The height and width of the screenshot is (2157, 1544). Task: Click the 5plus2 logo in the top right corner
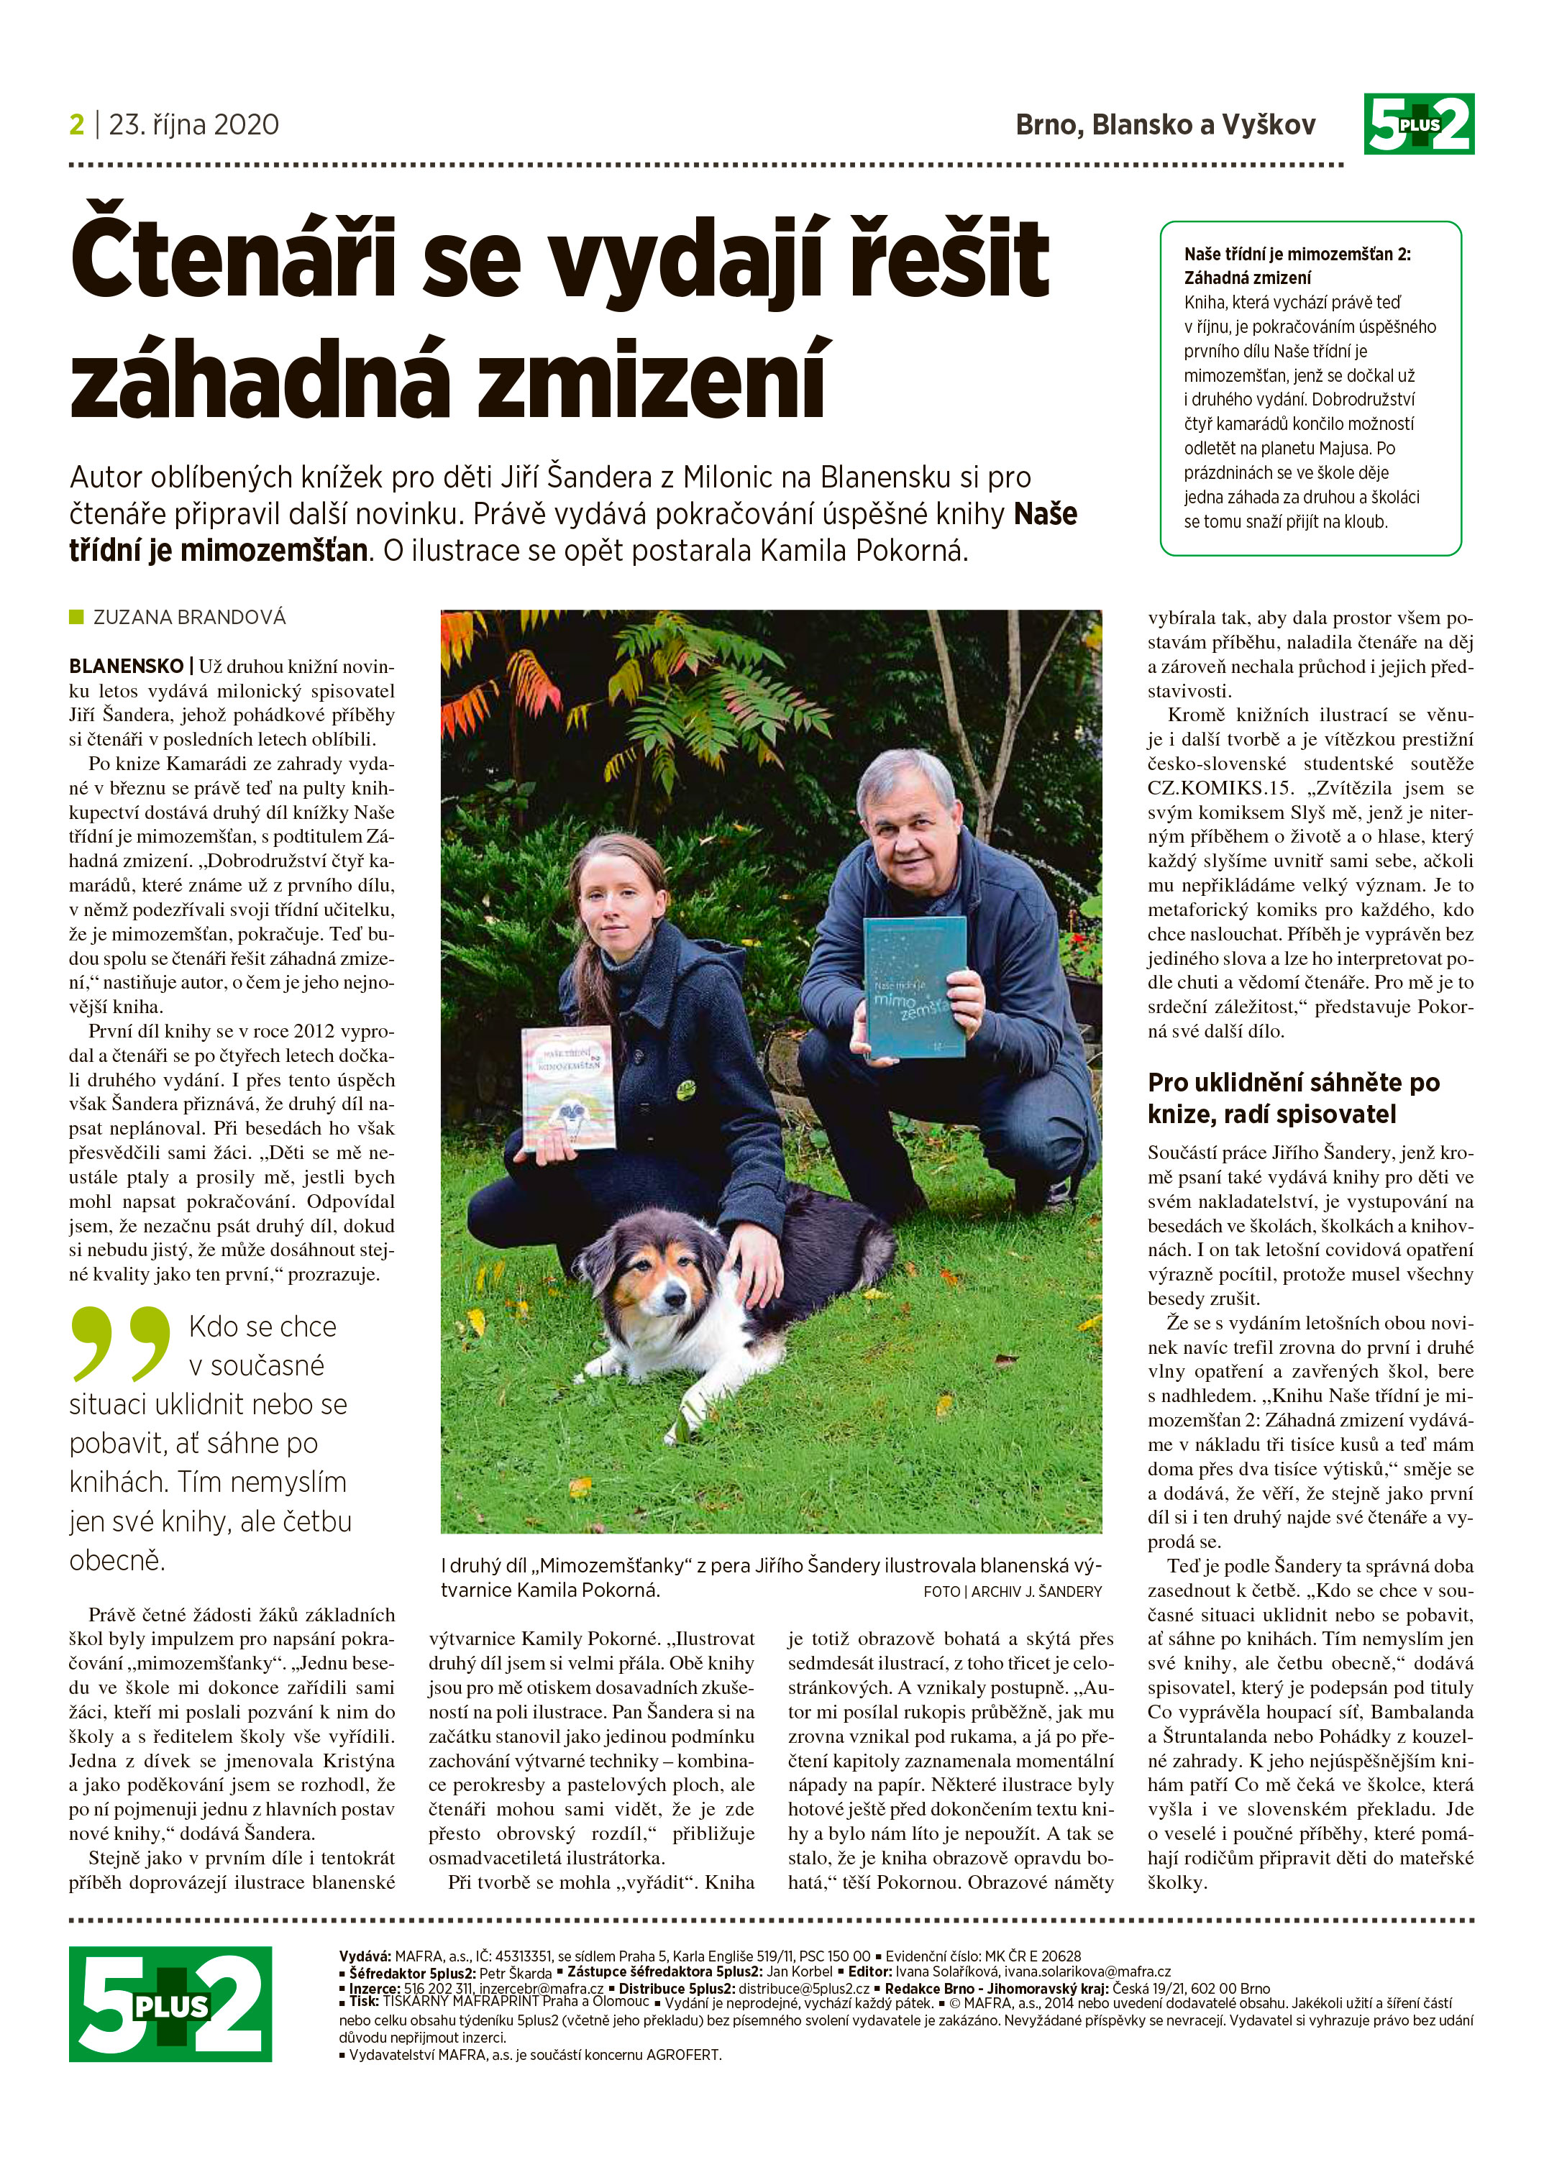[x=1417, y=124]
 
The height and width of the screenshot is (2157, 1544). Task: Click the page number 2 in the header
[x=77, y=124]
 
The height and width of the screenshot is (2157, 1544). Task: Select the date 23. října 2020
[x=194, y=124]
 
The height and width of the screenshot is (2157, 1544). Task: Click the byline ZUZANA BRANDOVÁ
[x=189, y=617]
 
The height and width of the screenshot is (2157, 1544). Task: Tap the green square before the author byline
[x=76, y=617]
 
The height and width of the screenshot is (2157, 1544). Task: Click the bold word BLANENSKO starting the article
[x=127, y=666]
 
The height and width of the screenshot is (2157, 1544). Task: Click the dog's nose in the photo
[x=674, y=1296]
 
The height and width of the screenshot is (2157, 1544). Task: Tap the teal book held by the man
[x=913, y=986]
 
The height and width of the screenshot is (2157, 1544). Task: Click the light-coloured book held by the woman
[x=567, y=1089]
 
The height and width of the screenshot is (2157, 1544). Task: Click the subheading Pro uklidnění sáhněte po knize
[x=1293, y=1098]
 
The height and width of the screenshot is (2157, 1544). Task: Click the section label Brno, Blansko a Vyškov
[x=1165, y=124]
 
